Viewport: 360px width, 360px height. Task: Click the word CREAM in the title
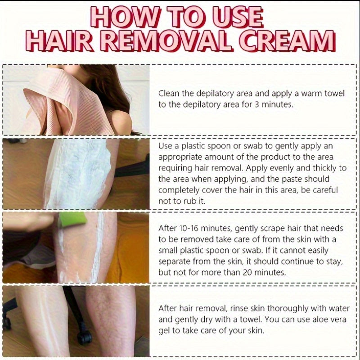287,41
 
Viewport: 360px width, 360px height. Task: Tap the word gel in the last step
164,331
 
